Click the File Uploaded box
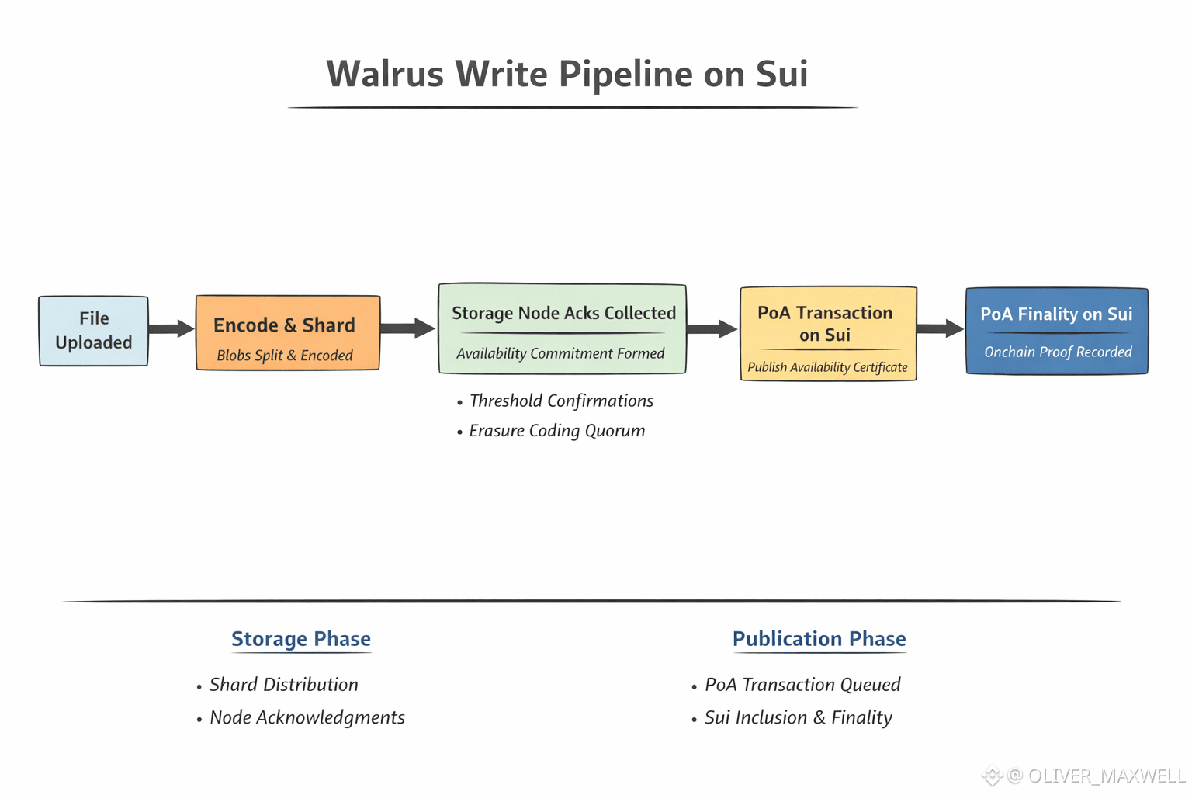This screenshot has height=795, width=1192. (93, 331)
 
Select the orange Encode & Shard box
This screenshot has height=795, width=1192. (287, 332)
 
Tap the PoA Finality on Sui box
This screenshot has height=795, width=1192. (1056, 332)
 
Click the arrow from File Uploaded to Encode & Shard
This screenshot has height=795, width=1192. (172, 328)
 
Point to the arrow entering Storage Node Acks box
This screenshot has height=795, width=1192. (408, 328)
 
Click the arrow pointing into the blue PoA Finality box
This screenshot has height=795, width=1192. (941, 328)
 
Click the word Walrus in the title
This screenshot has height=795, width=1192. (385, 75)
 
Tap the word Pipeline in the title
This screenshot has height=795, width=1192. (625, 75)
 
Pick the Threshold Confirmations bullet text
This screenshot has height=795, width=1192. (561, 401)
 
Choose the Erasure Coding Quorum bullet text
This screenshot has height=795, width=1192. (556, 431)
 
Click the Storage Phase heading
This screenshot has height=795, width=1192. (301, 639)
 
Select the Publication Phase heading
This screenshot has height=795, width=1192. (819, 639)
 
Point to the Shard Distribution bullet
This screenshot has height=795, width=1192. (283, 685)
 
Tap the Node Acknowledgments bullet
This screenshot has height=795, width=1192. (307, 717)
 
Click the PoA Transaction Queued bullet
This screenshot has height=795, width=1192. (802, 685)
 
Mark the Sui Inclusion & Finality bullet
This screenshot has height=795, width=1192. (798, 717)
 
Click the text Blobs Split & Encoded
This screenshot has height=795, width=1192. (285, 356)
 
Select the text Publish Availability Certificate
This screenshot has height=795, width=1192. (827, 367)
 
